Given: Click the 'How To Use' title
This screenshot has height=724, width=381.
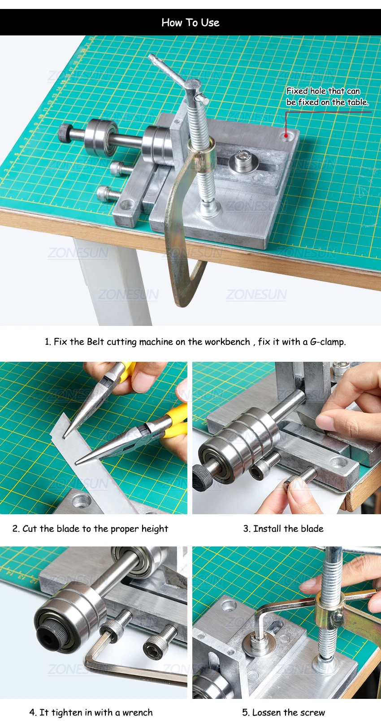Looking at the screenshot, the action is click(x=190, y=22).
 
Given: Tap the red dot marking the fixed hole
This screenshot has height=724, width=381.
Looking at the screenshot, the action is click(x=286, y=136).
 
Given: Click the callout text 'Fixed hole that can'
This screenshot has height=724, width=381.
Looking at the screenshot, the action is click(x=323, y=91).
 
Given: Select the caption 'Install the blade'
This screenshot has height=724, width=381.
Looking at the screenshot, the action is click(x=288, y=529).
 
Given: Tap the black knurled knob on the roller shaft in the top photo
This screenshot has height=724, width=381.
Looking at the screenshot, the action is click(x=65, y=133).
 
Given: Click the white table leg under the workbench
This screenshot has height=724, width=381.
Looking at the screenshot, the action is click(x=113, y=281).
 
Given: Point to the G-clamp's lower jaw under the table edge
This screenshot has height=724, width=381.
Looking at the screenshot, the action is click(x=190, y=284).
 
